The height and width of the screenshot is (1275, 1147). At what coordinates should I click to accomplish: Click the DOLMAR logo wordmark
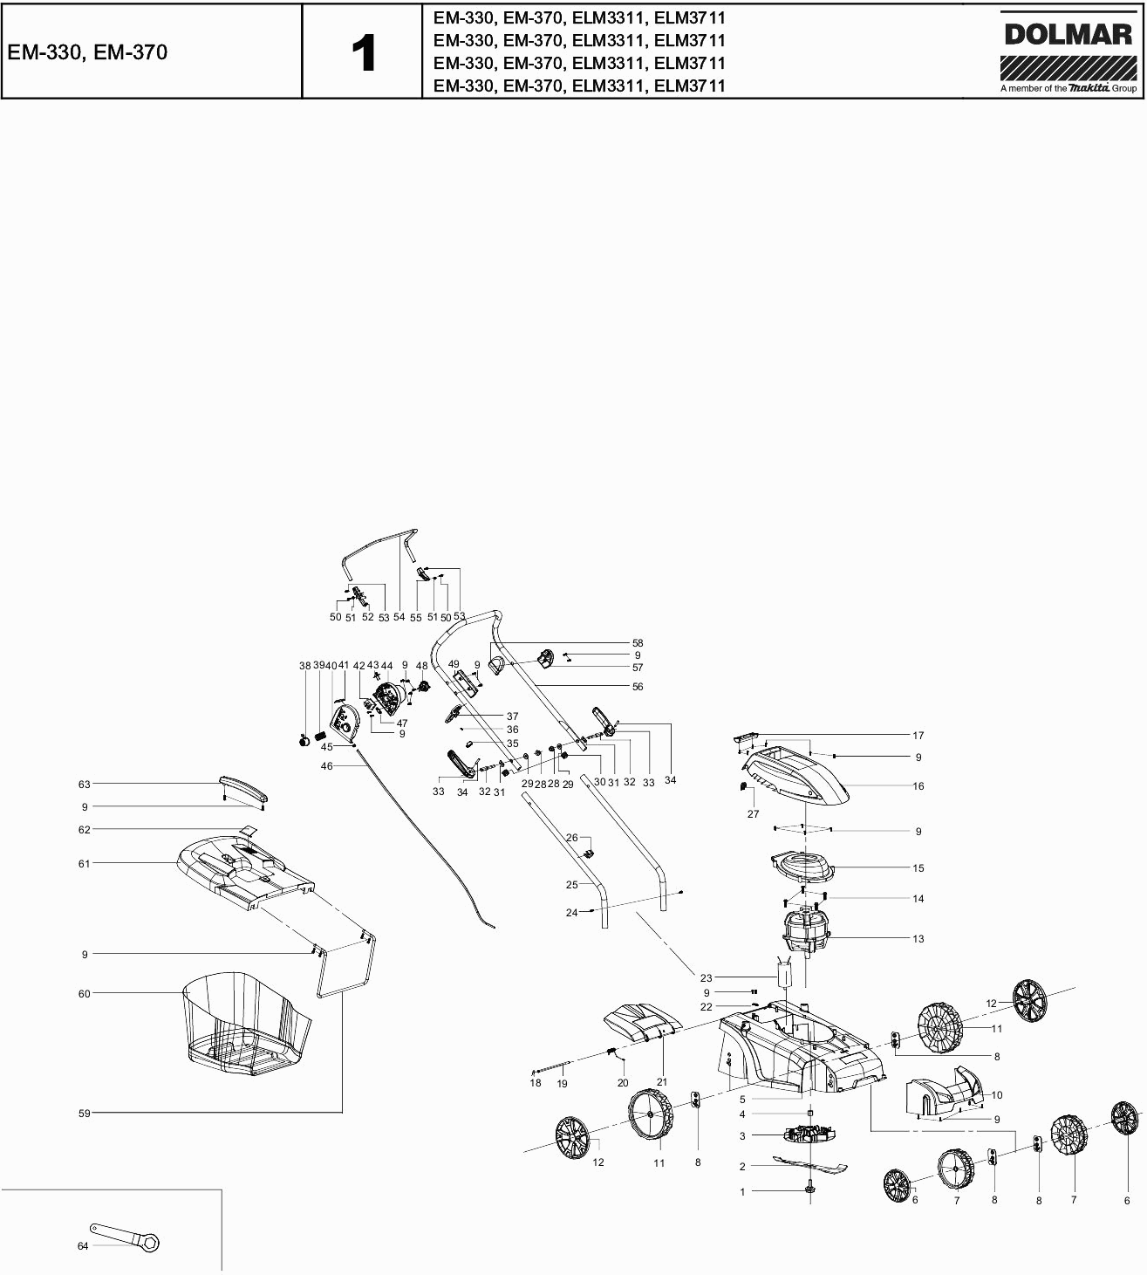[1068, 35]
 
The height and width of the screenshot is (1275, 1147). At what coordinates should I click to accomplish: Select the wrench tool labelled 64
[126, 1237]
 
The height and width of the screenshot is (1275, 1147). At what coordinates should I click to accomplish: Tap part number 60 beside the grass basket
[85, 993]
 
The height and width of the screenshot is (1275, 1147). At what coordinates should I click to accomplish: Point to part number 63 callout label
[85, 785]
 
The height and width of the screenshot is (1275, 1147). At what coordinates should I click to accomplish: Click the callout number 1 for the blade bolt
[743, 1191]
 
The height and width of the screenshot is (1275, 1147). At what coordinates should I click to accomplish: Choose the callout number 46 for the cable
[327, 766]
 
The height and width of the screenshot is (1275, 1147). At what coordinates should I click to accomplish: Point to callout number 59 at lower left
[85, 1114]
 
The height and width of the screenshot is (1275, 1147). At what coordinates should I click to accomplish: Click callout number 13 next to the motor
[918, 939]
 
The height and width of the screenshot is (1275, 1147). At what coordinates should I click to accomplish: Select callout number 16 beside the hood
[918, 786]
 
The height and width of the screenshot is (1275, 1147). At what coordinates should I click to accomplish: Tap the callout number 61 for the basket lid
[85, 864]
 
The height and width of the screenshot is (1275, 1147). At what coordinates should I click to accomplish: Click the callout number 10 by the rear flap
[997, 1094]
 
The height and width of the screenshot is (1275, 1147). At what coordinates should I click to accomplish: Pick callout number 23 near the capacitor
[707, 978]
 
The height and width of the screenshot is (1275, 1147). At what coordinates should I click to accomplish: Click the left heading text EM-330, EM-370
[86, 52]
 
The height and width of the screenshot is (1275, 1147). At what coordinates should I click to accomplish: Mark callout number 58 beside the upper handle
[638, 643]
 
